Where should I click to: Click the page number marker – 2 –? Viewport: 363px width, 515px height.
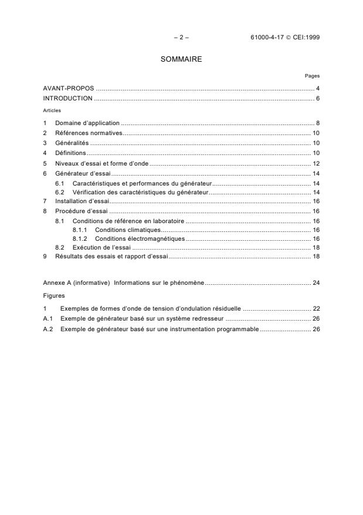click(181, 38)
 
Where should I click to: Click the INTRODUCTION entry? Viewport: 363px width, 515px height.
click(67, 98)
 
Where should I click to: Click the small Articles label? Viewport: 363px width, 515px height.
click(51, 109)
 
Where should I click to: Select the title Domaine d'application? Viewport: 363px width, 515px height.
click(87, 123)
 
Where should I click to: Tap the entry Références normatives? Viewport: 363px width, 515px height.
click(89, 133)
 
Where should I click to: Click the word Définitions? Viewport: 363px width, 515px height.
click(70, 153)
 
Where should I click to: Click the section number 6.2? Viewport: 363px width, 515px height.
click(59, 192)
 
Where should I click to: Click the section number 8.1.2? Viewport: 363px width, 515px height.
click(80, 239)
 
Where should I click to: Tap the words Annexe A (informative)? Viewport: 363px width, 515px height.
click(76, 282)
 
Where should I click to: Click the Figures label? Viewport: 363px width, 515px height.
click(53, 295)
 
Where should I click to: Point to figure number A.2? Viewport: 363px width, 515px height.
click(48, 329)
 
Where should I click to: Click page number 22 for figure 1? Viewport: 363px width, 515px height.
click(315, 308)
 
